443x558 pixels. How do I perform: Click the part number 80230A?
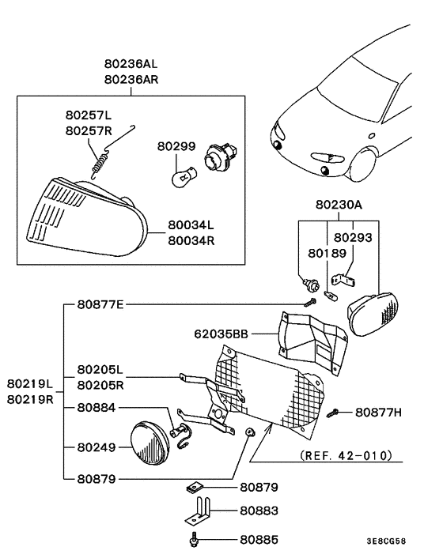338,205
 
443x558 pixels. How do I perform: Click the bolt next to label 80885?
193,541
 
